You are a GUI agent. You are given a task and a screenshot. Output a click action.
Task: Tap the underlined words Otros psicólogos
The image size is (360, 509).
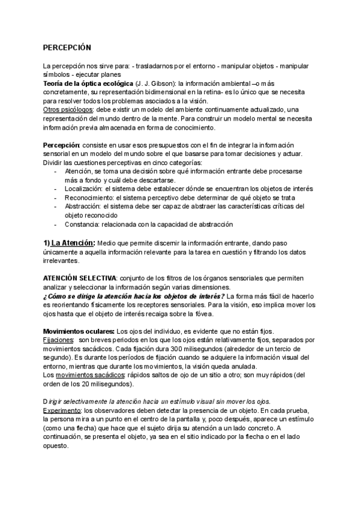[68, 110]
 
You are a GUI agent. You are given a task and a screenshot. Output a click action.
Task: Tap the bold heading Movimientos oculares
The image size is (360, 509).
[79, 331]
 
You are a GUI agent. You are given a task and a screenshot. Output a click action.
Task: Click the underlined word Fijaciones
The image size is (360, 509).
[58, 340]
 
